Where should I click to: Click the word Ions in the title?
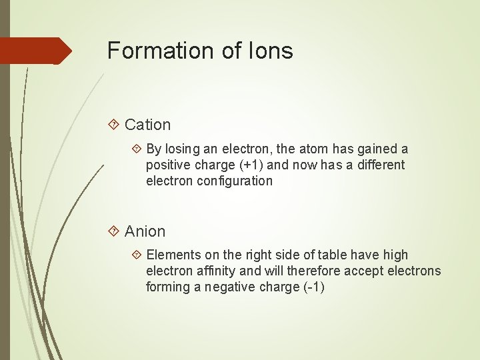[x=273, y=51]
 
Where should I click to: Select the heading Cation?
[x=147, y=125]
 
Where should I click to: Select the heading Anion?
[x=145, y=231]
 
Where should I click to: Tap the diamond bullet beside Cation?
[x=113, y=125]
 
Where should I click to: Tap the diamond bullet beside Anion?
[x=113, y=231]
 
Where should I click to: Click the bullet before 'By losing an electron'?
[x=136, y=149]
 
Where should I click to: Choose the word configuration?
[x=235, y=181]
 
